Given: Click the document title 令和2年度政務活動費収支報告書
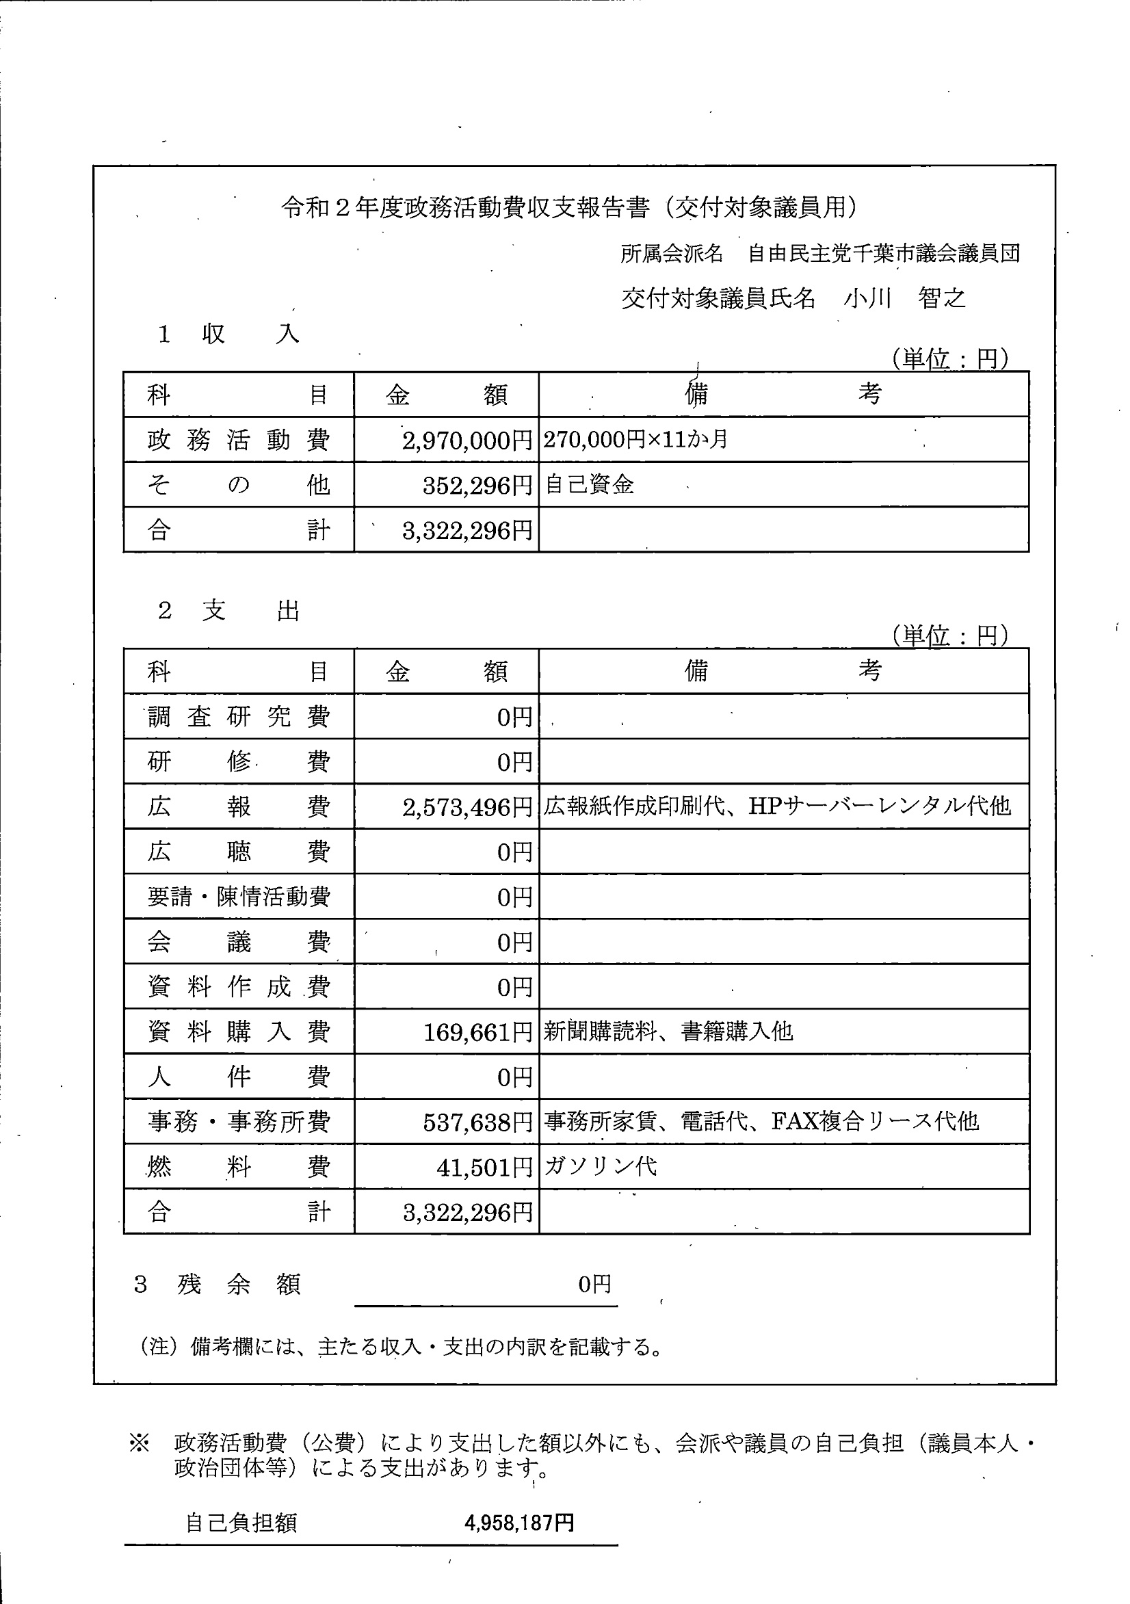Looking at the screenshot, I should click(x=570, y=207).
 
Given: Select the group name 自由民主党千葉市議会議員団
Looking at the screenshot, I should click(x=883, y=254).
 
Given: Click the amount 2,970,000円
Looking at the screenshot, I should click(x=467, y=440).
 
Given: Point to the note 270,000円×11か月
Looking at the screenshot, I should click(x=635, y=439).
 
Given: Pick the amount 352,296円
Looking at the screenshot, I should click(x=477, y=486).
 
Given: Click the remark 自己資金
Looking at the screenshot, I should click(x=589, y=485).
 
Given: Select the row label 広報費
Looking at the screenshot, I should click(x=238, y=807).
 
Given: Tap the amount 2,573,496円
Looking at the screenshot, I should click(x=467, y=808).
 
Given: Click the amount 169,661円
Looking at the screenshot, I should click(x=478, y=1033).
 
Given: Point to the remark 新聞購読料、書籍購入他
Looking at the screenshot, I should click(x=668, y=1031).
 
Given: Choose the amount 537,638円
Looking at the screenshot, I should click(x=478, y=1122).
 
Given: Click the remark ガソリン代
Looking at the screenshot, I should click(x=601, y=1167).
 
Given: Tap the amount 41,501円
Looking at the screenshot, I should click(x=484, y=1168).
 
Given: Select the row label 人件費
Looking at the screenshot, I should click(x=238, y=1077).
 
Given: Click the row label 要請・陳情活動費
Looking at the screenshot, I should click(x=238, y=897).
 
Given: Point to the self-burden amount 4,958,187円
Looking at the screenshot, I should click(x=519, y=1523).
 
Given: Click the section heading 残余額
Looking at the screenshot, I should click(x=237, y=1284).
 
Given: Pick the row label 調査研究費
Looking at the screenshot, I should click(x=238, y=717).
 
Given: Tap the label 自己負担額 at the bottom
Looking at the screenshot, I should click(x=241, y=1523).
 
